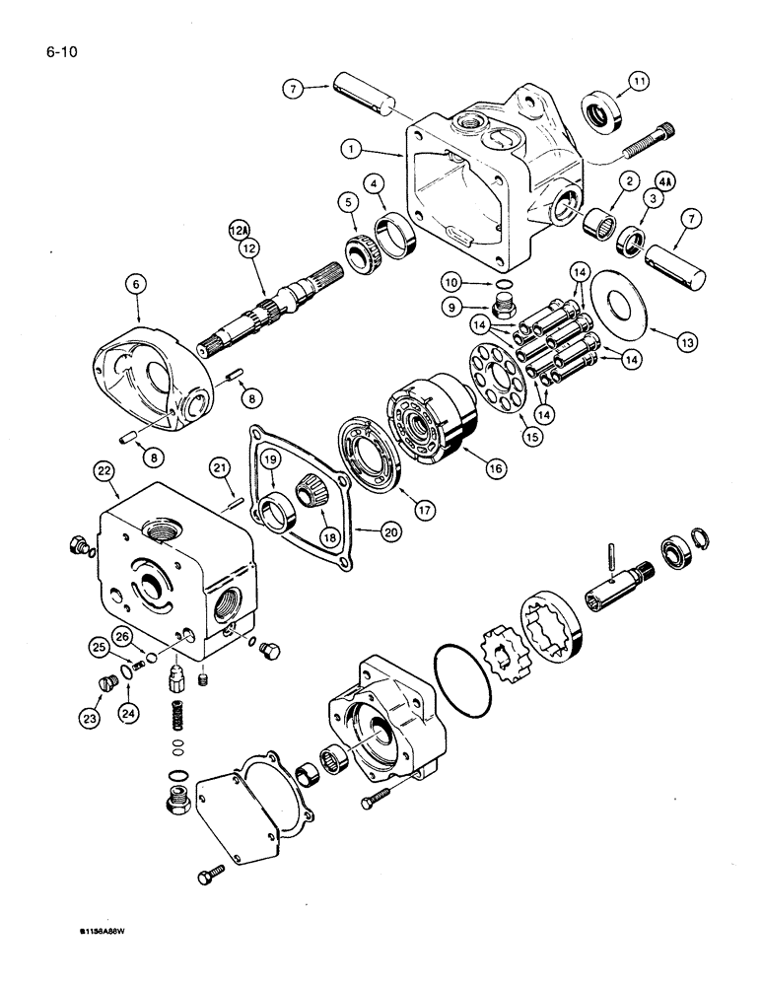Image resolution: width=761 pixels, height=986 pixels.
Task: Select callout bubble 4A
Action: [662, 182]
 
